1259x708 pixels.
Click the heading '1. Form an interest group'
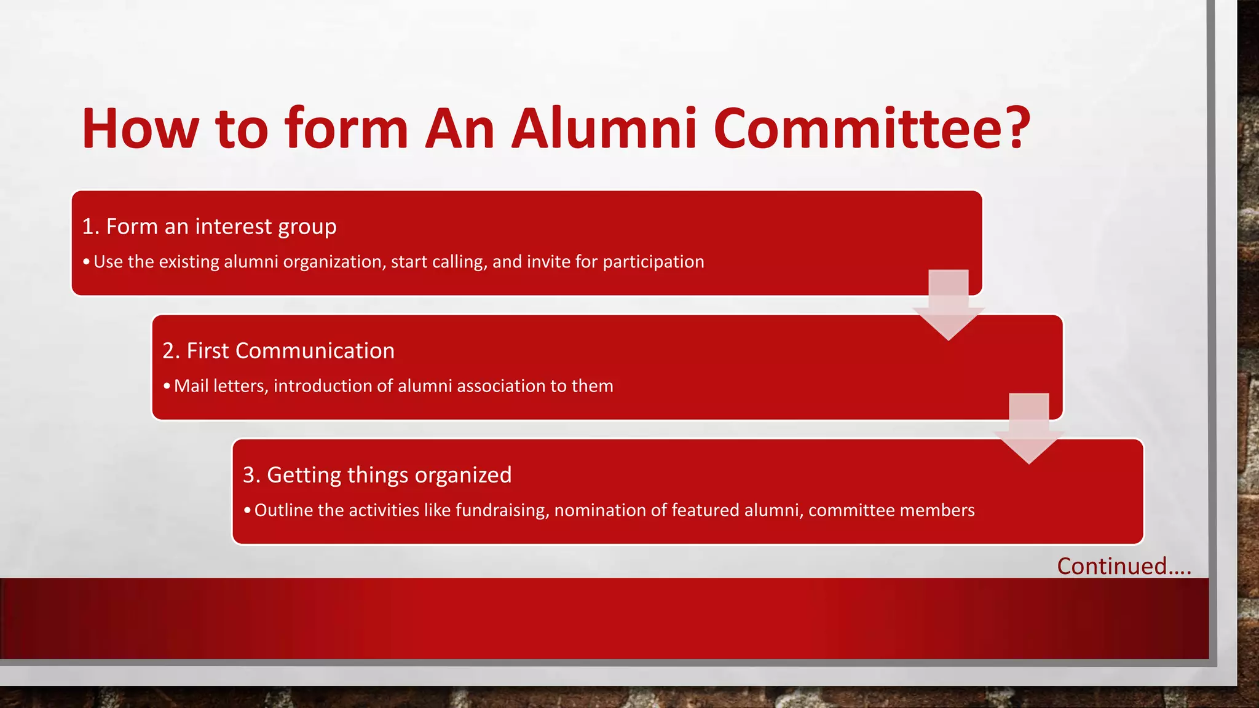click(210, 227)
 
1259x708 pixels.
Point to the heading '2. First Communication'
click(278, 351)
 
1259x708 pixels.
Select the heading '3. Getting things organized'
click(377, 475)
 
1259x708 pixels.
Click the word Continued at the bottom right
click(1111, 566)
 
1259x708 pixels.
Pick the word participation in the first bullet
click(653, 262)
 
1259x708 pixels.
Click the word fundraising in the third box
click(502, 510)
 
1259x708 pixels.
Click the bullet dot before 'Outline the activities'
click(247, 511)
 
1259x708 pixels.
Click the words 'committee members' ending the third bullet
click(891, 510)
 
